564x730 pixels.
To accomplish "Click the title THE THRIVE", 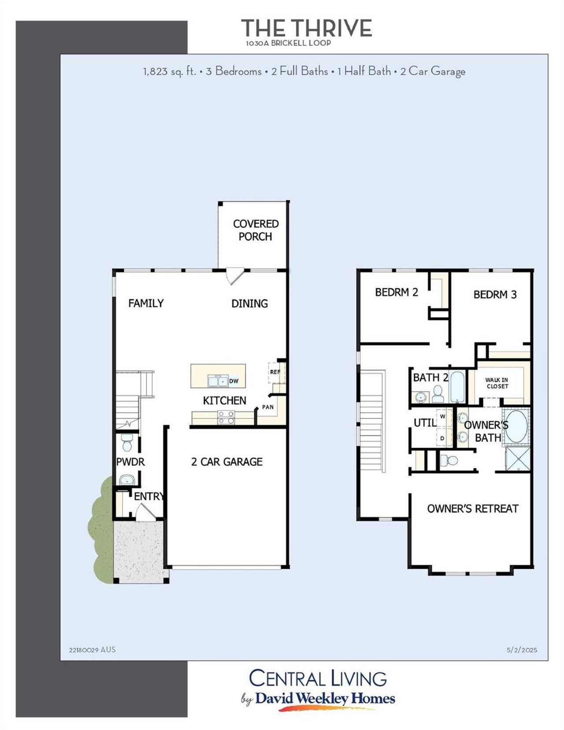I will pyautogui.click(x=306, y=29).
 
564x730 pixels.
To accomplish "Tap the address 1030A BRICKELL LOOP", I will pyautogui.click(x=289, y=43).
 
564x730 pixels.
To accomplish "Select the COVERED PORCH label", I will pyautogui.click(x=256, y=230).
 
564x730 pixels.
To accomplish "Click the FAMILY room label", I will pyautogui.click(x=146, y=303).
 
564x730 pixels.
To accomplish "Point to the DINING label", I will pyautogui.click(x=249, y=303).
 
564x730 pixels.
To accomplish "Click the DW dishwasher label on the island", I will pyautogui.click(x=234, y=381).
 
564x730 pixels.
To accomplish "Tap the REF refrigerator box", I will pyautogui.click(x=275, y=372).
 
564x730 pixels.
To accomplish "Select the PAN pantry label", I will pyautogui.click(x=268, y=407).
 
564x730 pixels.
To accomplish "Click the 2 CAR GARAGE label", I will pyautogui.click(x=226, y=461).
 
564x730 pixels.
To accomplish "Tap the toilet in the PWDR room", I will pyautogui.click(x=127, y=442).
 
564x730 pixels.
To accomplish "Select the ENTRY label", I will pyautogui.click(x=149, y=496).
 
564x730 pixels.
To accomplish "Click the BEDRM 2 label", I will pyautogui.click(x=397, y=292).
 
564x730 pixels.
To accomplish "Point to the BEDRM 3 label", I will pyautogui.click(x=495, y=295).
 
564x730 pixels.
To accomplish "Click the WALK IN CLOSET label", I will pyautogui.click(x=497, y=383).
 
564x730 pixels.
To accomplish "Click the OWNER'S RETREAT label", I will pyautogui.click(x=472, y=509).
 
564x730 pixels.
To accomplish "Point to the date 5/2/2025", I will pyautogui.click(x=522, y=650).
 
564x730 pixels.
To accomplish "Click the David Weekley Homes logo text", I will pyautogui.click(x=325, y=698).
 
